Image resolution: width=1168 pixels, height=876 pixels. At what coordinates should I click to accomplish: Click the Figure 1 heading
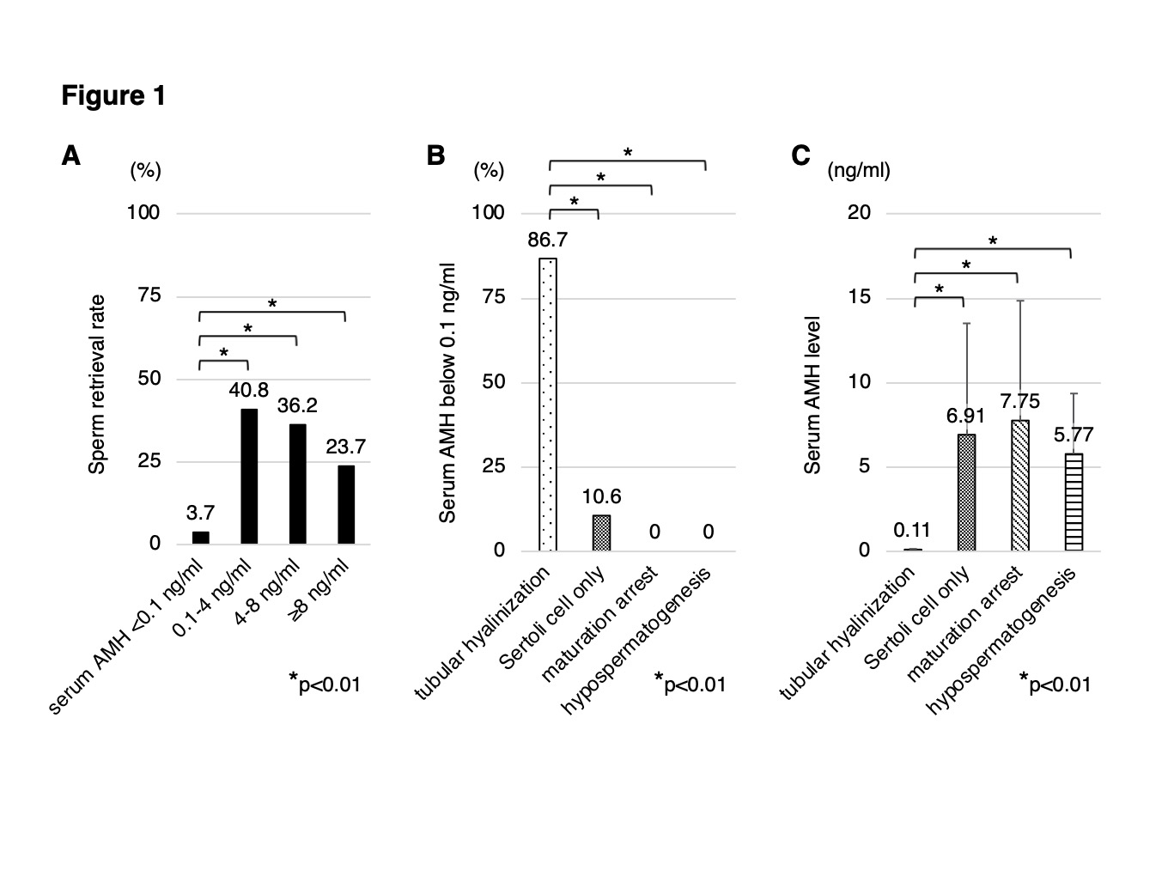coord(113,95)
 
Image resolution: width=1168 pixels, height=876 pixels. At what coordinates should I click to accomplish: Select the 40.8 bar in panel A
coord(249,476)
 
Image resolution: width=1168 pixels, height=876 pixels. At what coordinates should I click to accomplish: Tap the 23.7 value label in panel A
coord(346,447)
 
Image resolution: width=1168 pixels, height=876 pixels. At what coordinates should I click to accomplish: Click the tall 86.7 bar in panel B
coord(548,404)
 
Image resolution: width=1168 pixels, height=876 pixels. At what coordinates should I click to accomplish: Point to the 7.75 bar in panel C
coord(1020,485)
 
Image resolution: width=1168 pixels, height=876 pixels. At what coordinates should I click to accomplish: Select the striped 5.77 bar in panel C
coord(1074,502)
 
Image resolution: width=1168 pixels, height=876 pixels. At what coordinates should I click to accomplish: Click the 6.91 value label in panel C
coord(965,416)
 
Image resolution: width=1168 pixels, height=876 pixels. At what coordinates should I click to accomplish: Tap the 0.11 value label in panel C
coord(912,530)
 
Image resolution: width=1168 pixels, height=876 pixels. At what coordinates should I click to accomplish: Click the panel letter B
coord(435,155)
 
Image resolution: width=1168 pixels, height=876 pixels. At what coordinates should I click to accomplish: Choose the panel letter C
coord(800,155)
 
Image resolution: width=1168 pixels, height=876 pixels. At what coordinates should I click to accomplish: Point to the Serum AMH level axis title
coord(812,395)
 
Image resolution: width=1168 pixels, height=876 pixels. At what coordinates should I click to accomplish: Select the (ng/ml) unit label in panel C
coord(858,170)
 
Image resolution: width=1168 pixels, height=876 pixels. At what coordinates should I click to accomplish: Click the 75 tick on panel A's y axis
coord(149,295)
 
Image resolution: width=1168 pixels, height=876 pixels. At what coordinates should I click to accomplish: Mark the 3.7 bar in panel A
coord(200,538)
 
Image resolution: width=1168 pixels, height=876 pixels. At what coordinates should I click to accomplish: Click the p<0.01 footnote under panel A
coord(326,684)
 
